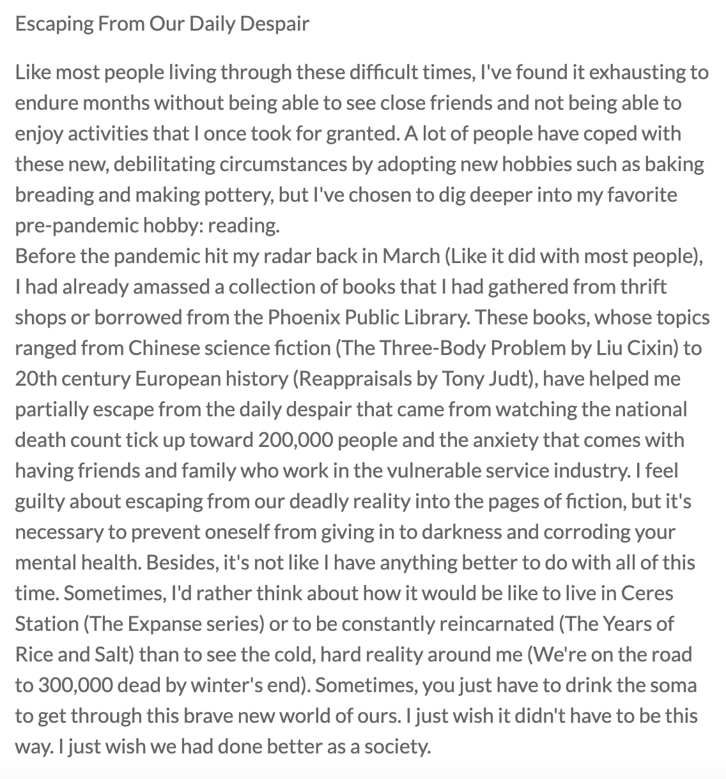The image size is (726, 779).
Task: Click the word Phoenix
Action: coord(323,317)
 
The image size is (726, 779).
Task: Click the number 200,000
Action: coord(300,440)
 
